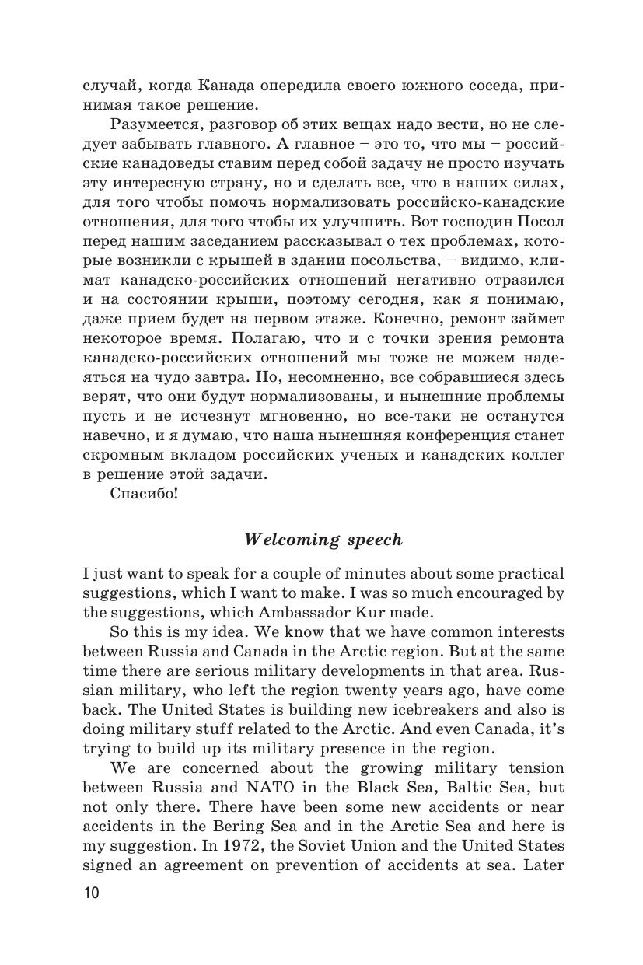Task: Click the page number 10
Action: [x=91, y=914]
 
